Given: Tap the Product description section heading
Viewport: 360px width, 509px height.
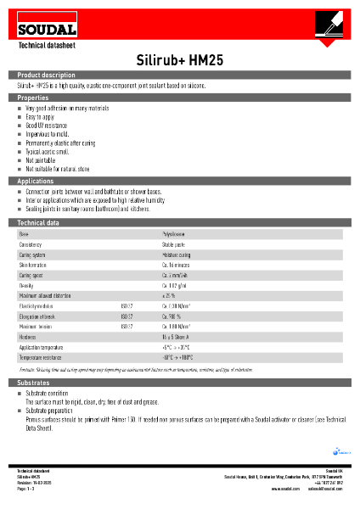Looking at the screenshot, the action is (x=47, y=76).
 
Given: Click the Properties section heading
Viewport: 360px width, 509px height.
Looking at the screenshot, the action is (x=33, y=98).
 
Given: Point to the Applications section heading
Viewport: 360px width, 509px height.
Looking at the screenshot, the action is (x=36, y=182).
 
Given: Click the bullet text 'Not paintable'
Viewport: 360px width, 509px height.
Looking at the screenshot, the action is (x=40, y=159).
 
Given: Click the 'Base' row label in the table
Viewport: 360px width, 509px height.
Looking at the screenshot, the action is (x=24, y=233).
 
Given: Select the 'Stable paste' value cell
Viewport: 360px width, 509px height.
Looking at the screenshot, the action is (x=176, y=244).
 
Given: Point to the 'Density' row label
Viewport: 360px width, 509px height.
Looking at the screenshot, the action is (x=26, y=286).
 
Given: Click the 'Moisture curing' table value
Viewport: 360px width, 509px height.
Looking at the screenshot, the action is (x=177, y=255).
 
